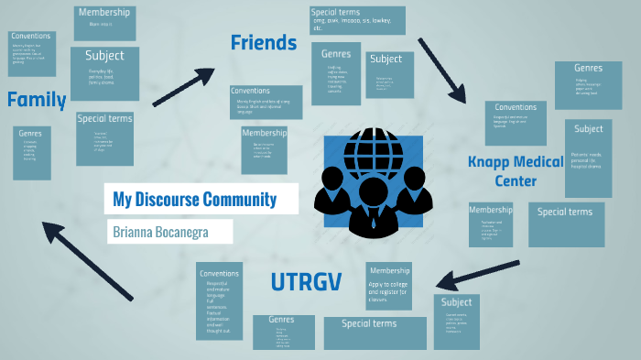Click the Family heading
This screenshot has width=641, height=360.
pos(37,100)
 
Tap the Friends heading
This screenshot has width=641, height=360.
pos(264,43)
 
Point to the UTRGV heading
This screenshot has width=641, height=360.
pos(305,283)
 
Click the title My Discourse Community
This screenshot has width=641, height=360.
pos(194,199)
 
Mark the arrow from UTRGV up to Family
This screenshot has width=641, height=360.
pos(87,259)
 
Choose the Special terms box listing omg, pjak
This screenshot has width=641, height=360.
pos(357,19)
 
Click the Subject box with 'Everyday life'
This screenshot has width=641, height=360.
pos(105,72)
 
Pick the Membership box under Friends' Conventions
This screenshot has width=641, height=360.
pos(265,148)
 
